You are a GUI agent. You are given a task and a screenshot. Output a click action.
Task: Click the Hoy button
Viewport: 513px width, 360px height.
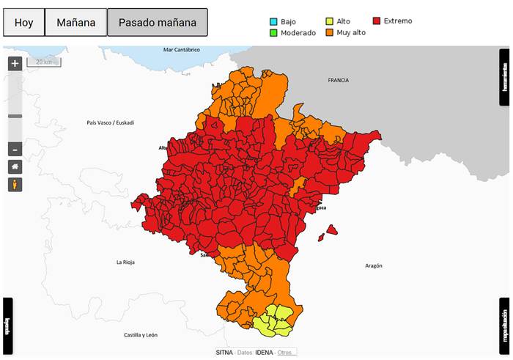[x=23, y=23]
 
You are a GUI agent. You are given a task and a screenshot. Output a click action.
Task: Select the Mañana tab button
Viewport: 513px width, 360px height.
[x=75, y=23]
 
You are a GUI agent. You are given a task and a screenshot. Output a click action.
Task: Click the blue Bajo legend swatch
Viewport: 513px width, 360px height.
[x=273, y=21]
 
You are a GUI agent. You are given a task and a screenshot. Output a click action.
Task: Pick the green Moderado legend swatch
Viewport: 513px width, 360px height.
[x=273, y=33]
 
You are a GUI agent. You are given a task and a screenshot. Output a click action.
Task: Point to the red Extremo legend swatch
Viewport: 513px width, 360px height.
[x=377, y=21]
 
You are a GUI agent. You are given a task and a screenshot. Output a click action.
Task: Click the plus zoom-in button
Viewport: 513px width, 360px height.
[x=15, y=63]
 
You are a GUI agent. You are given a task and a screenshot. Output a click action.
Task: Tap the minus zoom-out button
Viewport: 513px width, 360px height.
[x=15, y=150]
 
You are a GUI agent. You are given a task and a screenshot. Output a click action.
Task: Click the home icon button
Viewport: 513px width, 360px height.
[x=15, y=166]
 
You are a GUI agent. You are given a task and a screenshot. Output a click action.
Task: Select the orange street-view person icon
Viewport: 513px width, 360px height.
[x=15, y=184]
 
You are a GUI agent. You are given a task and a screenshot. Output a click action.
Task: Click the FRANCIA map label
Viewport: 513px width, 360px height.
[x=339, y=80]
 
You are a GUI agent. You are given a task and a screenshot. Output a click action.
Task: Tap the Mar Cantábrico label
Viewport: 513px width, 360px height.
[x=181, y=50]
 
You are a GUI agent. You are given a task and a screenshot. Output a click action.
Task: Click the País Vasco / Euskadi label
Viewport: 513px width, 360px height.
[x=111, y=122]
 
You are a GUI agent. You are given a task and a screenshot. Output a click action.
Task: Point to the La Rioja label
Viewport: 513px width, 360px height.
[x=128, y=262]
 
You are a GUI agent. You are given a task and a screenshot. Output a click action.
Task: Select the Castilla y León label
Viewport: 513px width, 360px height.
[x=140, y=335]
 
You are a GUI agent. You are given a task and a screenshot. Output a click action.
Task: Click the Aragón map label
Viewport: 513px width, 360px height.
[x=374, y=265]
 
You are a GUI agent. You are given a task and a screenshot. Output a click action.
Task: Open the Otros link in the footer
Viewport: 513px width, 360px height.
[x=287, y=353]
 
